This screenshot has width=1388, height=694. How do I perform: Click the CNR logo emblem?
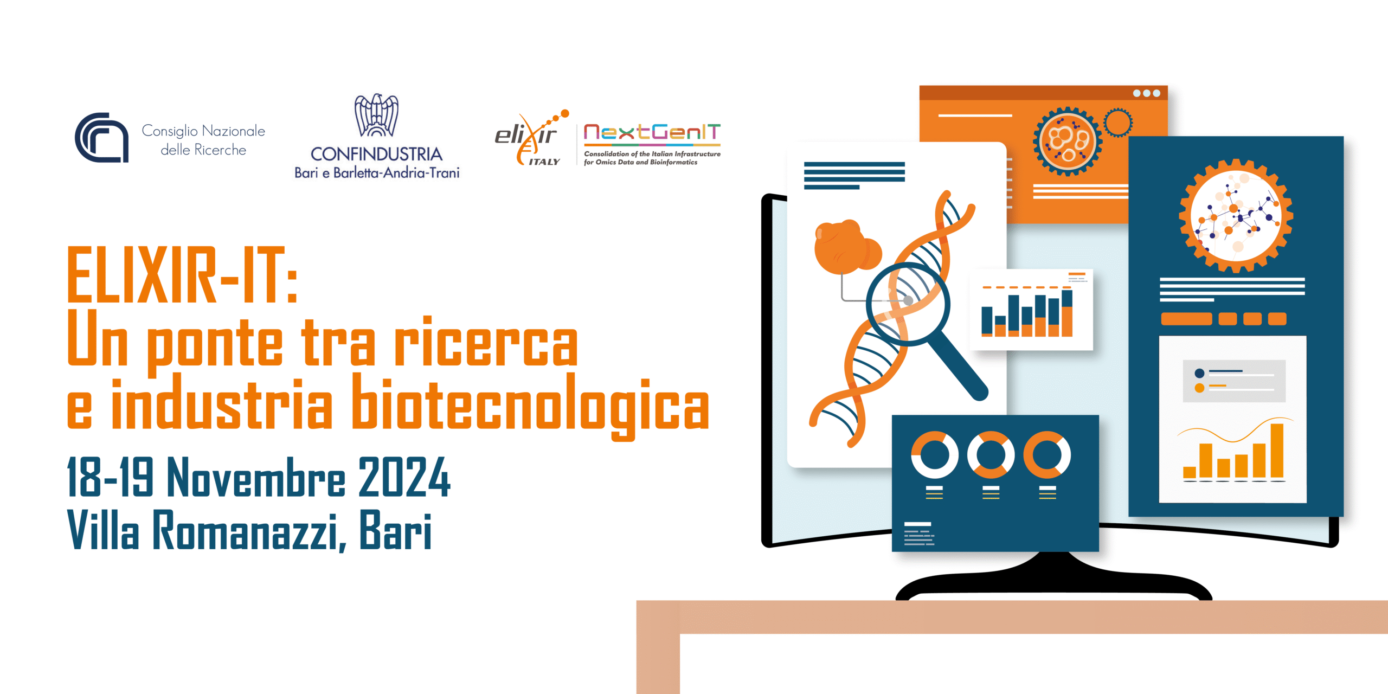point(102,138)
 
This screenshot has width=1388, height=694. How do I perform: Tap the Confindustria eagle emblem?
point(376,115)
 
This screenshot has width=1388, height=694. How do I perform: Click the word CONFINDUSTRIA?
point(376,154)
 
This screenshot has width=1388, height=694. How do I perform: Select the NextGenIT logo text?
point(652,132)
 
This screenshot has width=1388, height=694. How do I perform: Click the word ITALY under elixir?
point(544,162)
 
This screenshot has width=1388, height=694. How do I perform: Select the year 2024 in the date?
point(404,477)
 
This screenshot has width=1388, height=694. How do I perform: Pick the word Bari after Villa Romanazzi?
point(395,530)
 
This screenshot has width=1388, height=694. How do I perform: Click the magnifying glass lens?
point(908,304)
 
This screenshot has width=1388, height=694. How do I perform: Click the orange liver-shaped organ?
point(846,247)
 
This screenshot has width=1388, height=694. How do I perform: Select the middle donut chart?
point(991,454)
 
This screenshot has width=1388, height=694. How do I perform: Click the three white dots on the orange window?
point(1146,93)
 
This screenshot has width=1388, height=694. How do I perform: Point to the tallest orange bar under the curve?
point(1277,451)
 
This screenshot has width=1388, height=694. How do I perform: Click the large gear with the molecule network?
point(1236,216)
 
